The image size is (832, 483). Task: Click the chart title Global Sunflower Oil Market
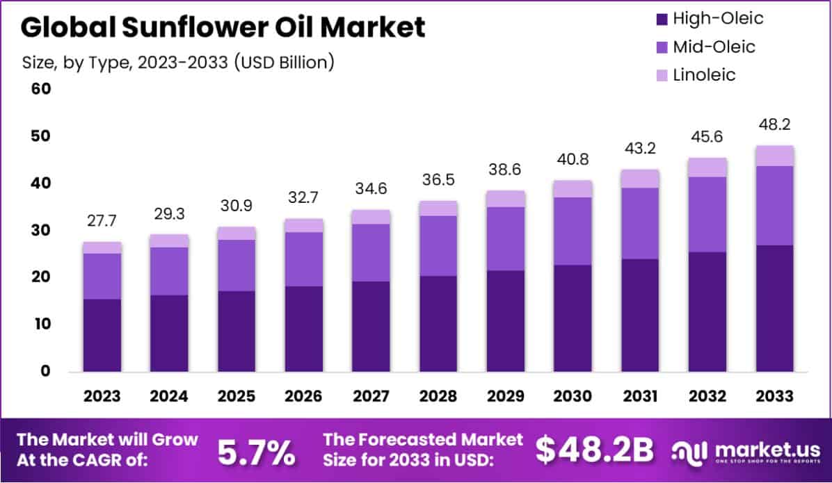[223, 27]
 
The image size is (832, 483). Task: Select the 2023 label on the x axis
[102, 396]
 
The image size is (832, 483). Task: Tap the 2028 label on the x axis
[438, 396]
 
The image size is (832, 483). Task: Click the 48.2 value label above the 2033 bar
[775, 125]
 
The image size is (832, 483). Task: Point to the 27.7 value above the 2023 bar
[102, 222]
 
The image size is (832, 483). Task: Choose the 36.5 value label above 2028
[438, 181]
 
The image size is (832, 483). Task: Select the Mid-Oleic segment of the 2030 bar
[573, 231]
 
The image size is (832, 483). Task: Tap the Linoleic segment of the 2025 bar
[237, 234]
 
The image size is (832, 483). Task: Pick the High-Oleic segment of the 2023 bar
[102, 335]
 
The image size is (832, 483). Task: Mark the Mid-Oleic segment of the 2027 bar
[371, 252]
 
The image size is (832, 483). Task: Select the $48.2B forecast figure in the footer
[595, 451]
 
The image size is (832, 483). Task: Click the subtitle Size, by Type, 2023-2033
[178, 62]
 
